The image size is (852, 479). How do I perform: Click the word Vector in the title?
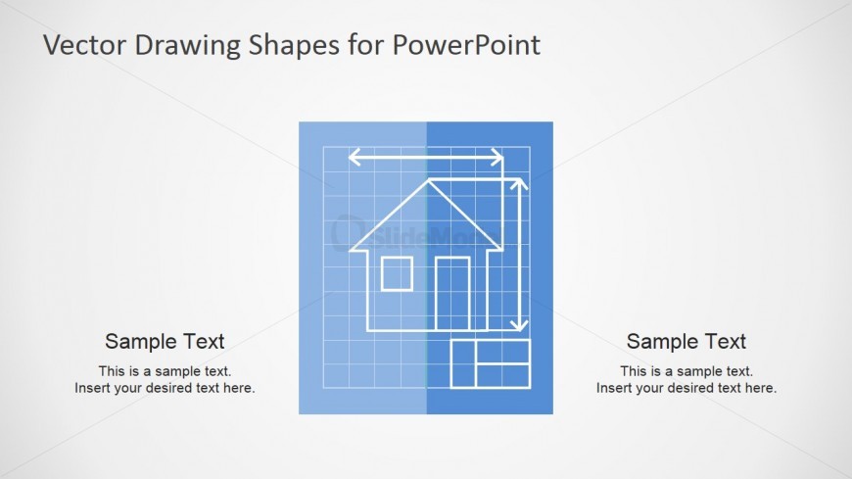tap(84, 45)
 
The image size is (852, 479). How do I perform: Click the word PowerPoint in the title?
tap(466, 45)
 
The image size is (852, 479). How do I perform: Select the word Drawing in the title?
tap(187, 46)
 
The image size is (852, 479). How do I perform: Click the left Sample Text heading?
tap(165, 342)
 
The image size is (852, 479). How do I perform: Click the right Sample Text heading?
tap(686, 342)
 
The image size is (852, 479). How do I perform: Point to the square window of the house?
tap(397, 274)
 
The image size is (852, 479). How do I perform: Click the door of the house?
tap(452, 294)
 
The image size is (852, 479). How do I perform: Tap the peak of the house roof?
tap(429, 180)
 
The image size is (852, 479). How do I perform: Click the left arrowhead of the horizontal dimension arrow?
tap(354, 158)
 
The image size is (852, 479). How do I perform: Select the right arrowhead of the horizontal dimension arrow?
tap(497, 158)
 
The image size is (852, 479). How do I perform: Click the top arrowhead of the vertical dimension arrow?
tap(519, 183)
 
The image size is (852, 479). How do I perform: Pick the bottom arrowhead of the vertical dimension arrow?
tap(519, 325)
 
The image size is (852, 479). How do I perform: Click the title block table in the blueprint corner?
tap(491, 363)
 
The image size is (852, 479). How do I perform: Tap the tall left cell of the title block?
tap(463, 363)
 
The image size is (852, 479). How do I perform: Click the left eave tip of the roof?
tap(351, 250)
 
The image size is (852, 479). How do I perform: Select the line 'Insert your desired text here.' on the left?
tap(165, 388)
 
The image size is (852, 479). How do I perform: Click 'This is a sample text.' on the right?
tap(686, 371)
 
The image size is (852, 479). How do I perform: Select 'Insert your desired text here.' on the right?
tap(686, 388)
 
